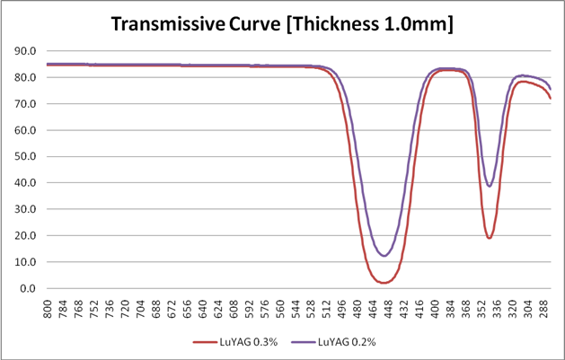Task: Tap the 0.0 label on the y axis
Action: coord(31,289)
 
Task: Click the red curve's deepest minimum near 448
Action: coord(384,283)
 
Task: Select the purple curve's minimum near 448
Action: coord(384,256)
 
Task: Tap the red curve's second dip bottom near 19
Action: coord(490,238)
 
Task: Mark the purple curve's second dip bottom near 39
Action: coord(490,186)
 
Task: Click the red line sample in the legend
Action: coord(206,342)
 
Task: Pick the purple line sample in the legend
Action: coord(307,342)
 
